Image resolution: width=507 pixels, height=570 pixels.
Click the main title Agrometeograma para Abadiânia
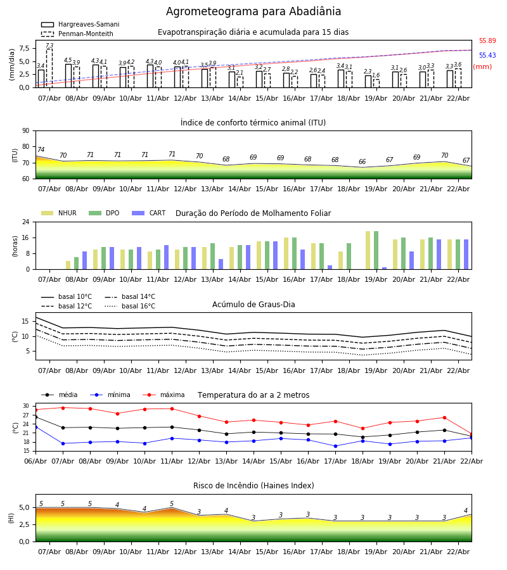coord(253,12)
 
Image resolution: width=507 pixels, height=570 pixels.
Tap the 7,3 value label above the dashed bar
coord(49,46)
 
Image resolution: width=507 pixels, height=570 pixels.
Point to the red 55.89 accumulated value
coord(487,41)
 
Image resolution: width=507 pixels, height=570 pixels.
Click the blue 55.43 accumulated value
coord(487,56)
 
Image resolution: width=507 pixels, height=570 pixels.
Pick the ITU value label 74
coord(41,150)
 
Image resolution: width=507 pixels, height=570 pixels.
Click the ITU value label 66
coord(362,162)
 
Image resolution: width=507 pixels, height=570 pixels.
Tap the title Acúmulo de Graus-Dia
coord(253,305)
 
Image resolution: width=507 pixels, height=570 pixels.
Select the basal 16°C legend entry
coord(138,307)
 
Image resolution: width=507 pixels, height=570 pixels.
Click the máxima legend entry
coord(172,395)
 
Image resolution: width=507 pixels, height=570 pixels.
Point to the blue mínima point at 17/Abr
coord(335,446)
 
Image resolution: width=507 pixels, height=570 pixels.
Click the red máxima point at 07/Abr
coord(63,408)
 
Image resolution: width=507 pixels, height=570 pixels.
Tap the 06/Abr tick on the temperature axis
coord(35,460)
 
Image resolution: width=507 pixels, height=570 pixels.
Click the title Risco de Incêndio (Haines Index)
coord(253,486)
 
